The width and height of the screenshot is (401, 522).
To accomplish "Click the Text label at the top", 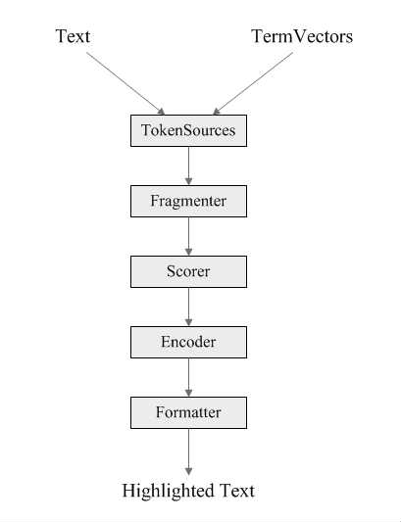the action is pyautogui.click(x=73, y=36).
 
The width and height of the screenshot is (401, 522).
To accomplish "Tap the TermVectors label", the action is pyautogui.click(x=302, y=36).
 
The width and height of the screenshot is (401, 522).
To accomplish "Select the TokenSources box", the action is pyautogui.click(x=188, y=130).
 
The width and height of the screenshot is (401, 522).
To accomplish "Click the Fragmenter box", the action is pyautogui.click(x=188, y=201).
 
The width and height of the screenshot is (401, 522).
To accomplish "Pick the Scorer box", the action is pyautogui.click(x=188, y=271).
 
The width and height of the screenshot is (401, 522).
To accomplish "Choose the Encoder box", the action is pyautogui.click(x=188, y=342).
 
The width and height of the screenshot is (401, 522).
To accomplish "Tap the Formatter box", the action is pyautogui.click(x=188, y=413).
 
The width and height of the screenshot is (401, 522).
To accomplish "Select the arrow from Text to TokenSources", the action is pyautogui.click(x=125, y=83).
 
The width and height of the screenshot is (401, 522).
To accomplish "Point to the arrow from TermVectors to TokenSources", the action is pyautogui.click(x=253, y=83).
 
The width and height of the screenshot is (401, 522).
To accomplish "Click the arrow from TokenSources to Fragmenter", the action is pyautogui.click(x=188, y=166).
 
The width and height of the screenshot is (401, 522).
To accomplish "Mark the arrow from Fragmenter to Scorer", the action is pyautogui.click(x=188, y=236).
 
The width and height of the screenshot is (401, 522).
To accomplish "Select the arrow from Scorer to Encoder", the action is pyautogui.click(x=188, y=307).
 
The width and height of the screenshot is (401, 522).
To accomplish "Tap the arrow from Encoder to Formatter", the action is pyautogui.click(x=188, y=377).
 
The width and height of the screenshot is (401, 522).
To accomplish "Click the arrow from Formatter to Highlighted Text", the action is pyautogui.click(x=188, y=451).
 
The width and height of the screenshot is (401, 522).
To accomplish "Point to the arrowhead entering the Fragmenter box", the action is pyautogui.click(x=188, y=181).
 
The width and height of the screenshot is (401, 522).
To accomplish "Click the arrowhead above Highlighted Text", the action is pyautogui.click(x=188, y=471).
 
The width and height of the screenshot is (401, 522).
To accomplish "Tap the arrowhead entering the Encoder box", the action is pyautogui.click(x=188, y=322).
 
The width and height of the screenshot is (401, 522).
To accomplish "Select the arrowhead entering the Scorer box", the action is pyautogui.click(x=188, y=252).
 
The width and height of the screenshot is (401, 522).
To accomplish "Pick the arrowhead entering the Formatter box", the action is pyautogui.click(x=188, y=393).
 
